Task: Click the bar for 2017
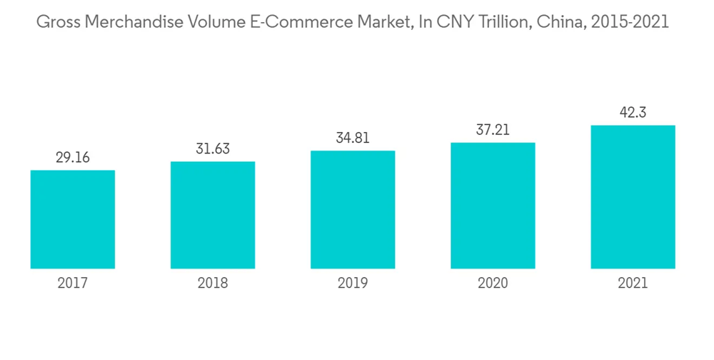click(x=73, y=219)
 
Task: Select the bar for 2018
click(x=213, y=214)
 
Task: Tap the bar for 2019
click(x=353, y=209)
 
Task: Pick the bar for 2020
click(x=493, y=205)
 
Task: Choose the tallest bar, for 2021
click(x=633, y=196)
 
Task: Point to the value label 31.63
click(x=213, y=149)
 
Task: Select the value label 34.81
click(x=353, y=139)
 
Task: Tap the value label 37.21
click(x=493, y=130)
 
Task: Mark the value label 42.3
click(x=633, y=113)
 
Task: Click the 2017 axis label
click(x=73, y=284)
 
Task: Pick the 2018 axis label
click(x=213, y=284)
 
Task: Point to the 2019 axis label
click(x=353, y=284)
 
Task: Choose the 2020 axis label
click(x=493, y=284)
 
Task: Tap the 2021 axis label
click(x=633, y=284)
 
